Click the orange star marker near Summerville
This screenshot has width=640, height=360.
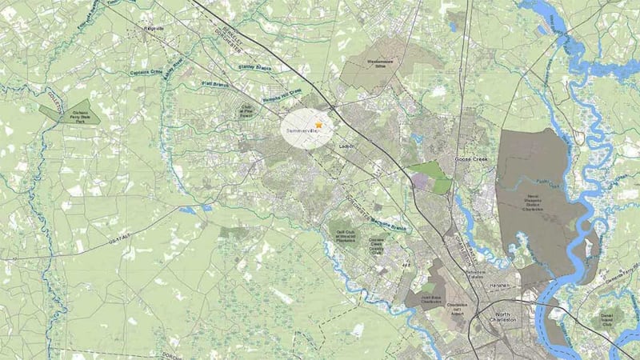point(319,125)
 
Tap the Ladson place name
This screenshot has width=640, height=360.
point(346,146)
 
